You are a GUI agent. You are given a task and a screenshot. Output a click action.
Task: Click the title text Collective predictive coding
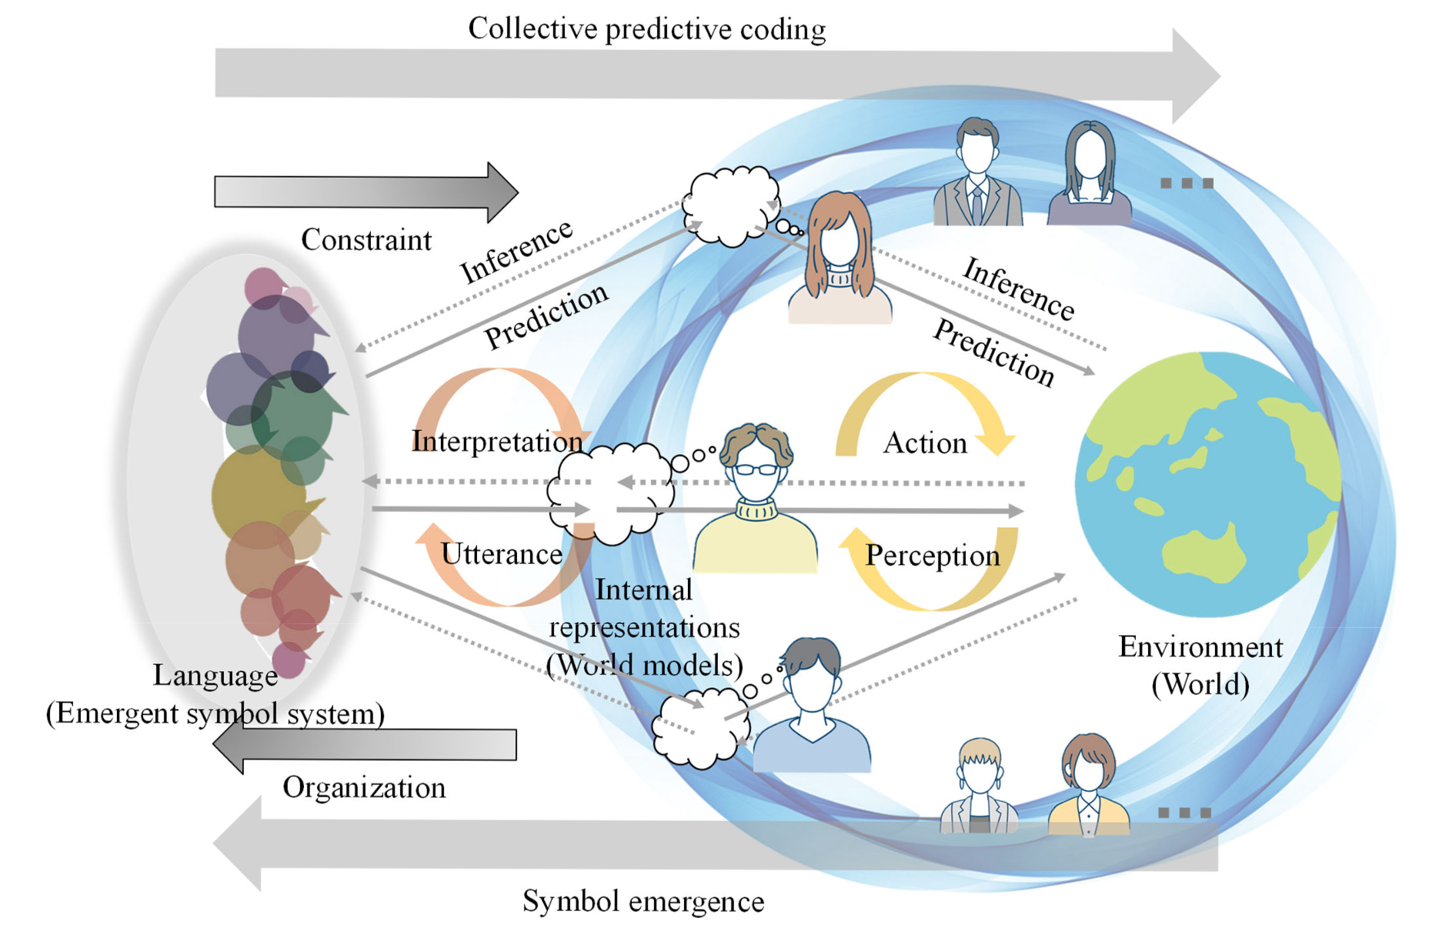646,29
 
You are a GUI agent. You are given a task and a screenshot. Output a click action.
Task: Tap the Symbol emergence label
643,901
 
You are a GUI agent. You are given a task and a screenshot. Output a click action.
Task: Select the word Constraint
366,240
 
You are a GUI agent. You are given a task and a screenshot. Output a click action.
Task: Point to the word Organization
364,788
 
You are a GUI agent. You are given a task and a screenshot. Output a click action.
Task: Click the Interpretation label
497,442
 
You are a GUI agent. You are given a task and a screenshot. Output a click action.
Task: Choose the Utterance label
502,554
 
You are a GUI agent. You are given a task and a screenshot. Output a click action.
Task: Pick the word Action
925,443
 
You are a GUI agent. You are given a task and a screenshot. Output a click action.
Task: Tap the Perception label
933,556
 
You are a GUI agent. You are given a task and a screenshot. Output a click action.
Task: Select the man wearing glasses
756,500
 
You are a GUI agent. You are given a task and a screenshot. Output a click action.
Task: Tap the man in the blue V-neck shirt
812,708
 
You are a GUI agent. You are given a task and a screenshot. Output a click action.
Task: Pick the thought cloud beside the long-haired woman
731,204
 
